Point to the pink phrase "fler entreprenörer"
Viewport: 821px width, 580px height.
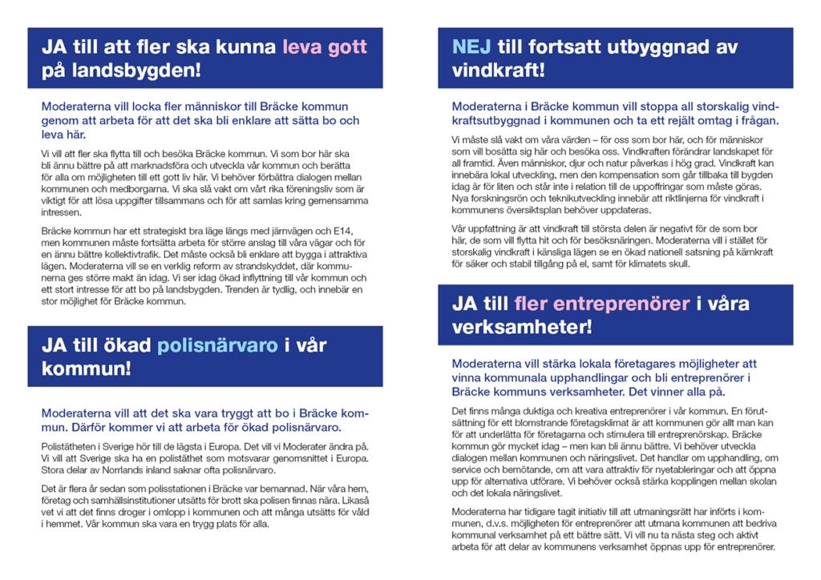[x=602, y=304]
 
